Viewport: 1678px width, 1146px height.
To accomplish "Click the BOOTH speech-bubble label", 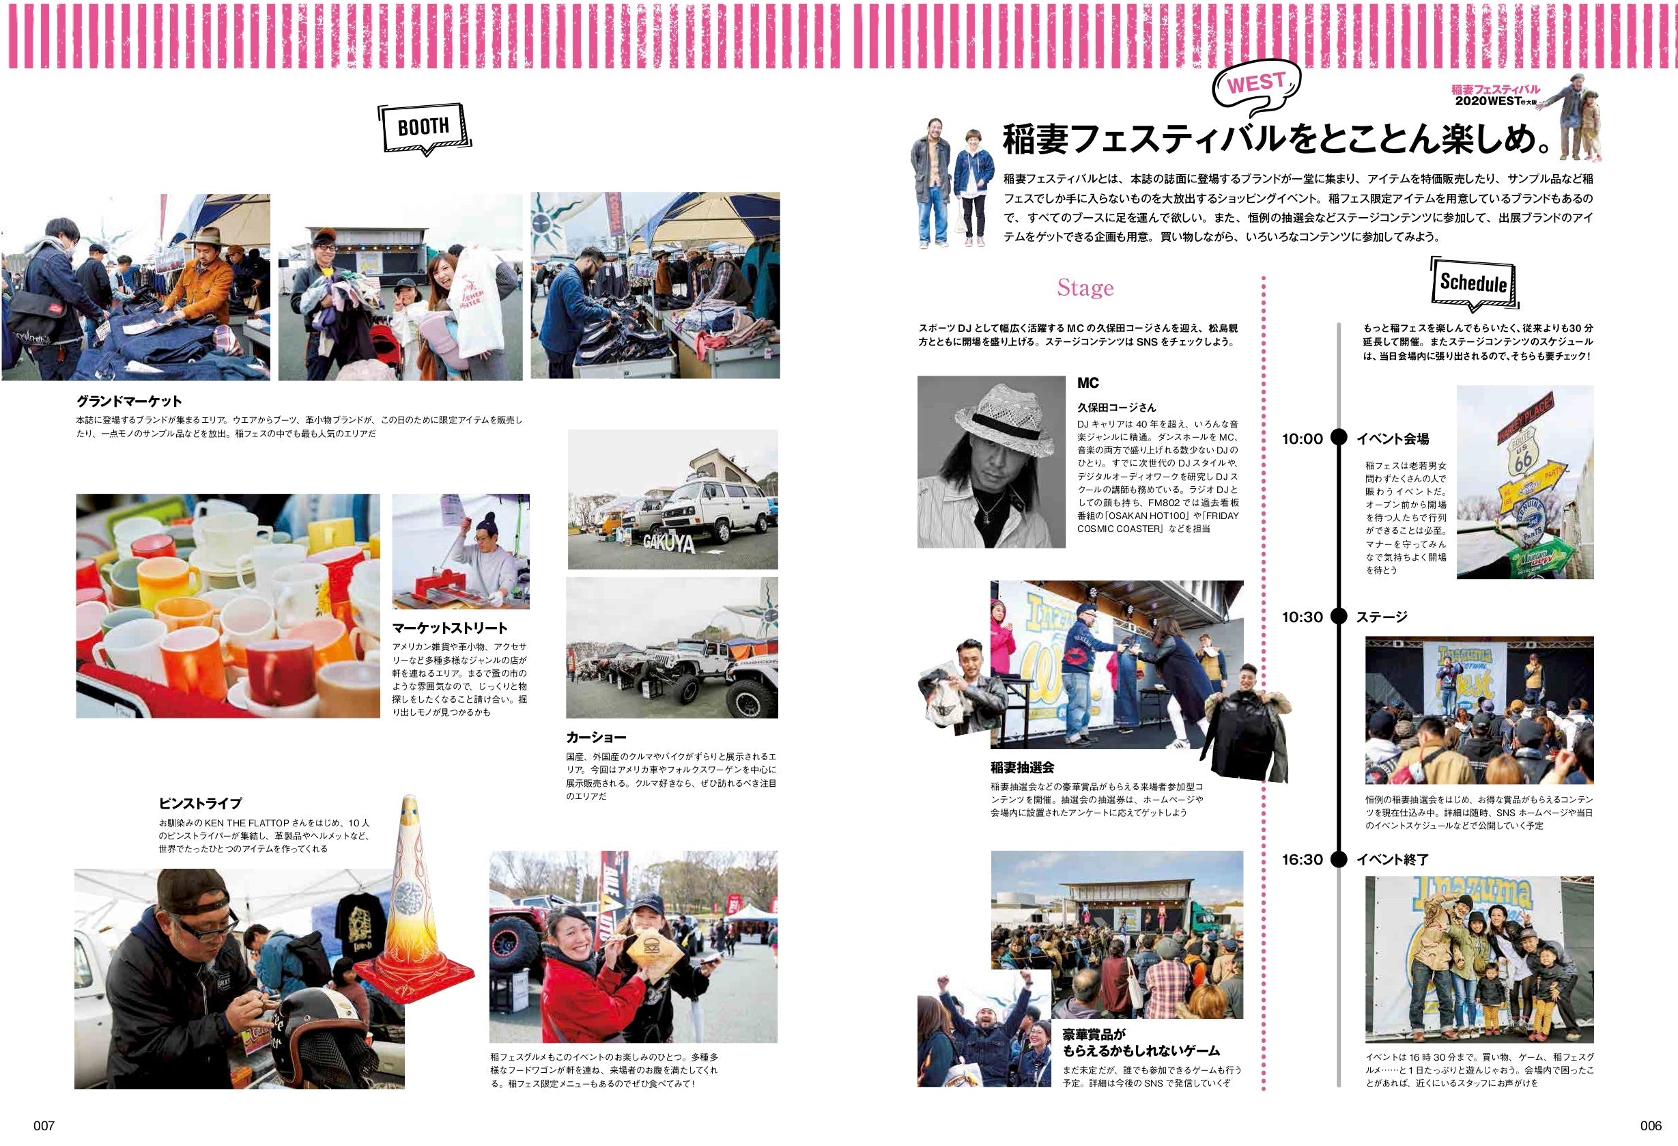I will coord(423,128).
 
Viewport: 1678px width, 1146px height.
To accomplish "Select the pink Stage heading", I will coord(1085,288).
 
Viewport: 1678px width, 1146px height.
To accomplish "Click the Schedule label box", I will coord(1473,282).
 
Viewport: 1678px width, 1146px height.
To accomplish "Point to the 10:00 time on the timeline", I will coord(1302,439).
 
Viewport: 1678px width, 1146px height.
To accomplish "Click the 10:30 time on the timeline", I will coord(1302,617).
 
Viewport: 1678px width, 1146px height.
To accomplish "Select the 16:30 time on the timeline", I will coord(1302,860).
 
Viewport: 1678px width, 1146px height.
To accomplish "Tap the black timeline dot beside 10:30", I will coord(1339,617).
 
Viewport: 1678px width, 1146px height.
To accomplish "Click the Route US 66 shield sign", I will coord(1523,456).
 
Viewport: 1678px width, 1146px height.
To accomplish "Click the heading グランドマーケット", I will coord(129,402).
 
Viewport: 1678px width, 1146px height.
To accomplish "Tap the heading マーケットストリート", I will coord(449,628).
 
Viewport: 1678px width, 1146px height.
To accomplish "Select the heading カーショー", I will coord(596,738).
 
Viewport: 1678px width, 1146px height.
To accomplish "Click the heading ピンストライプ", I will coord(200,803).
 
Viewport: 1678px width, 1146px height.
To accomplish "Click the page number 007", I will coord(44,1126).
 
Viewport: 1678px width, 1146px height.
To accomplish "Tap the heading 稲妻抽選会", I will coord(1023,768).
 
